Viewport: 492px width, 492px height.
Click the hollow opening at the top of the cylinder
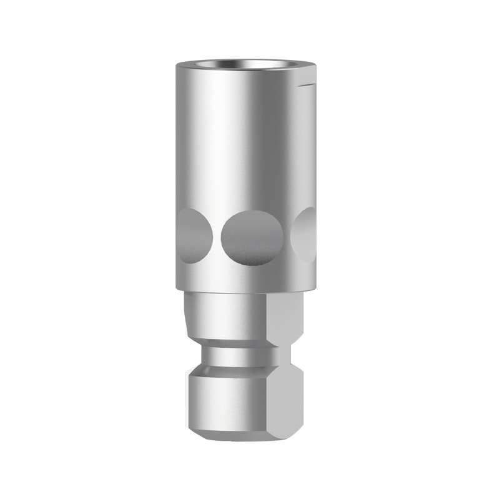246,64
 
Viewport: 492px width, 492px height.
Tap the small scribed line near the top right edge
307,84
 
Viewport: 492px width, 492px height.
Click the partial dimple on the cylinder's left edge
191,236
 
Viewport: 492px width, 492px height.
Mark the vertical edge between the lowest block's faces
270,400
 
